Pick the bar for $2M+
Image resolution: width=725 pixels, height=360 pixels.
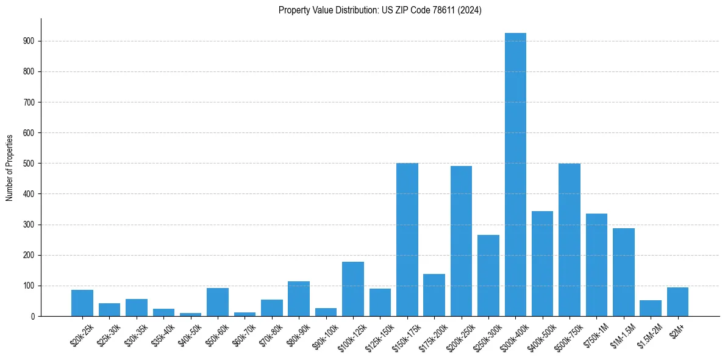pyautogui.click(x=677, y=301)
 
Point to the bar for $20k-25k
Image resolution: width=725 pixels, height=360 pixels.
pyautogui.click(x=82, y=303)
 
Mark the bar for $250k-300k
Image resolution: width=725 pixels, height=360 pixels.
pyautogui.click(x=488, y=275)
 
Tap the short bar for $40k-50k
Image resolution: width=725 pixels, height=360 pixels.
pyautogui.click(x=190, y=314)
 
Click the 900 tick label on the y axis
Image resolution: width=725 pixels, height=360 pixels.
pyautogui.click(x=30, y=41)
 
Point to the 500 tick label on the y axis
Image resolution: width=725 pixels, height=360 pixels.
pyautogui.click(x=30, y=164)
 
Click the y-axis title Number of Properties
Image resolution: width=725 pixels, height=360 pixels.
pyautogui.click(x=9, y=167)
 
